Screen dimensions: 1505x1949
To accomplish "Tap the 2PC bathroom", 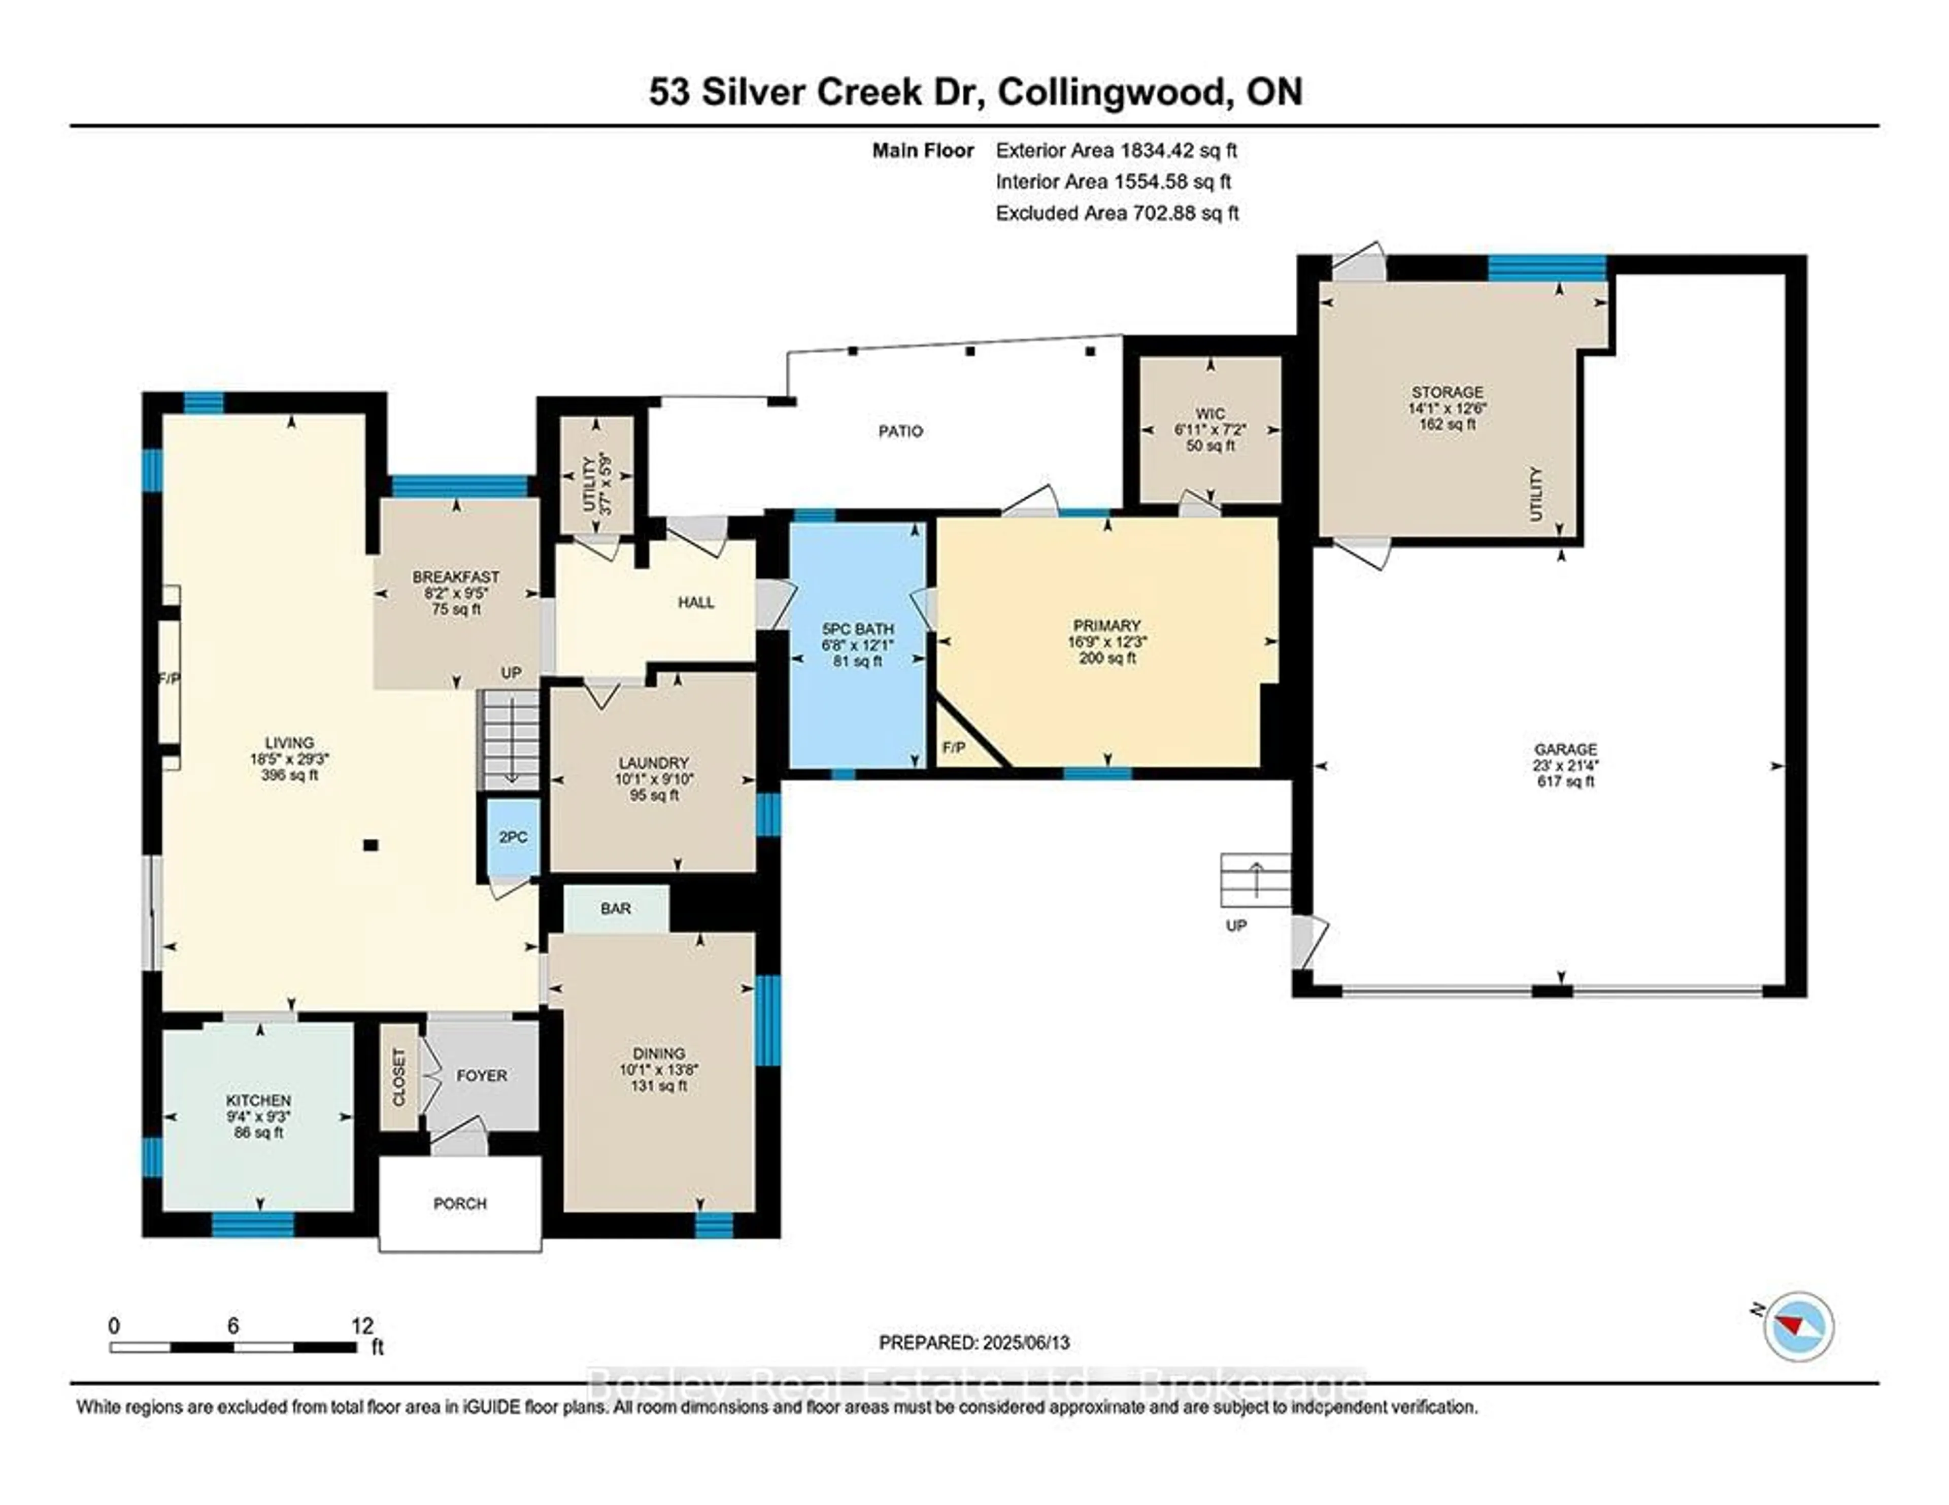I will (513, 837).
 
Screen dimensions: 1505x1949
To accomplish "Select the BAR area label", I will (616, 908).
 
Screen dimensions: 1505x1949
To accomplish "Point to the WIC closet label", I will (1210, 414).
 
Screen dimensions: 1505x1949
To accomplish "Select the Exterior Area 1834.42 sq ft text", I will (1117, 151).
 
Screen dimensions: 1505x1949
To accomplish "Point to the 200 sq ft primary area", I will (1107, 659).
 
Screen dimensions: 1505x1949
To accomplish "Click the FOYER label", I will (482, 1076).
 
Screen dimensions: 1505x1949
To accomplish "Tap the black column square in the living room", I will (371, 845).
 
